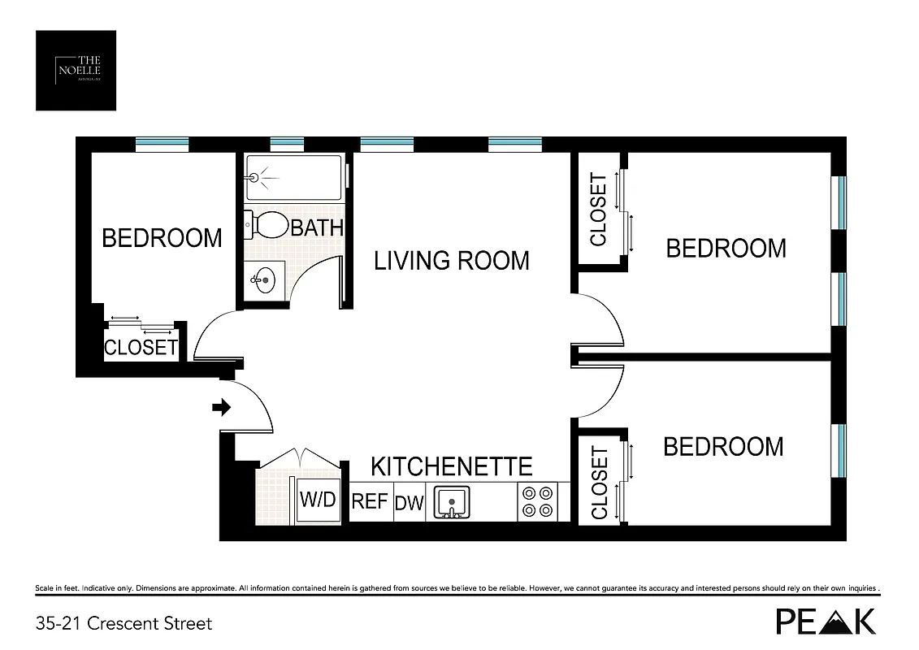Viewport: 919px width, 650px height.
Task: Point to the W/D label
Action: coord(318,499)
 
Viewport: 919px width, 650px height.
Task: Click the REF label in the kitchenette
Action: coord(370,501)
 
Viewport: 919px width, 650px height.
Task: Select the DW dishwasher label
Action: coord(410,503)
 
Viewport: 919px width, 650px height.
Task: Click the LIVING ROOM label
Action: coord(451,261)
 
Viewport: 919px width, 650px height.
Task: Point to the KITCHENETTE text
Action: coord(452,466)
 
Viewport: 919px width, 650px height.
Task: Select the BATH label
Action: coord(317,227)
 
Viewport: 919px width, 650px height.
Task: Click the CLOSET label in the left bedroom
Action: coord(141,348)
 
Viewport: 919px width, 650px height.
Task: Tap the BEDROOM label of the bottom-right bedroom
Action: coord(723,446)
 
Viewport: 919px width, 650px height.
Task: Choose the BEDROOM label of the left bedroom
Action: coord(162,238)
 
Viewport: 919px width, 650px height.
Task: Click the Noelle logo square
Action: coord(76,71)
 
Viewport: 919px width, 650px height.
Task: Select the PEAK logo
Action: coord(826,622)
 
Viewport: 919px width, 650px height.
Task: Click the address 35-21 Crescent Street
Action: coord(124,624)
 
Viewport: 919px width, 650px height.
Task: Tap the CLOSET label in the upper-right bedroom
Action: coord(598,210)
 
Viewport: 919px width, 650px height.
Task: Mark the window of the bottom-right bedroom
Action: coord(842,451)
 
